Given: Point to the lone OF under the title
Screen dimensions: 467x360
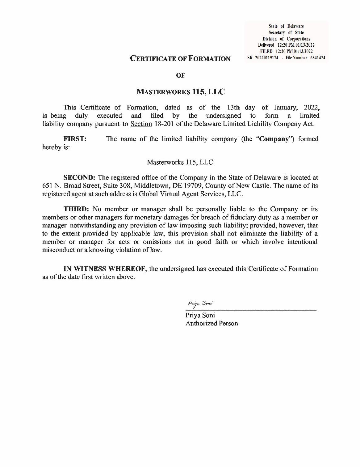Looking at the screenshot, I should click(x=180, y=75).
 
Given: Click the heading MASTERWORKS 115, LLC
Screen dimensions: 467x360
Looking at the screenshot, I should click(x=181, y=91).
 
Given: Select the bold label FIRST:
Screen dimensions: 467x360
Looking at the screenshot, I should click(x=75, y=139).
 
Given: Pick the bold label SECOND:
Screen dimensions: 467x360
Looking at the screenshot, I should click(x=80, y=178).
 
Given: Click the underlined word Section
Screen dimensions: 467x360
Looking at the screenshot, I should click(x=141, y=124).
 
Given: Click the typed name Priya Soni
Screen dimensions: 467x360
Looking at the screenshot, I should click(x=200, y=316).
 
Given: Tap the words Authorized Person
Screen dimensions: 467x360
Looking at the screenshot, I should click(x=211, y=324).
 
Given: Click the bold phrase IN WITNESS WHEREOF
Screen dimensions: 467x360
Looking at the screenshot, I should click(x=104, y=269).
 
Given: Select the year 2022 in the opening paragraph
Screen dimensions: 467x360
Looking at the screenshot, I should click(x=312, y=108).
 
